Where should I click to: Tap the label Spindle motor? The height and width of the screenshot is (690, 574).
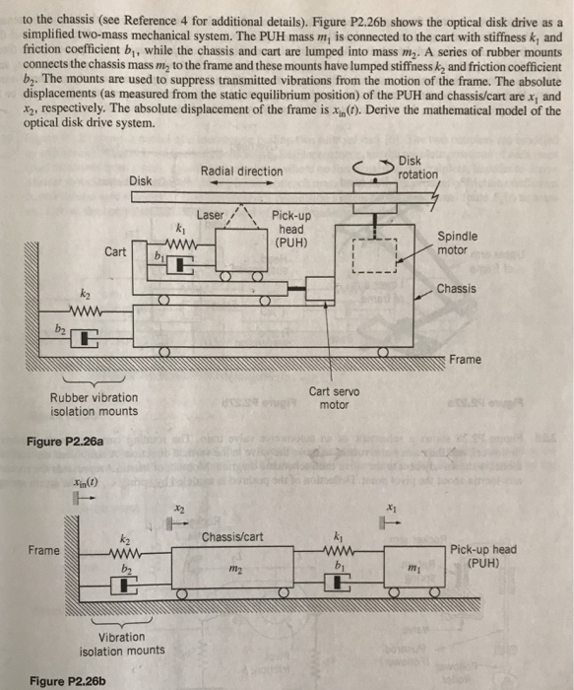point(459,243)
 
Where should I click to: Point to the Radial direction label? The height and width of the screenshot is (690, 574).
point(241,172)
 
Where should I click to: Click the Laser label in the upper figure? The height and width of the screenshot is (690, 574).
point(211,215)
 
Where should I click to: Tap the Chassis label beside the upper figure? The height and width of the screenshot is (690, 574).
point(456,289)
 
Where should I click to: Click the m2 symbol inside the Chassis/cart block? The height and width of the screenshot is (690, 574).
point(234,572)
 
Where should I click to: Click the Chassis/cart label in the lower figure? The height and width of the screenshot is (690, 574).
point(233,537)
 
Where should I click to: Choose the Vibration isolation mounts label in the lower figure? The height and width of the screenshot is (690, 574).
point(122,644)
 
